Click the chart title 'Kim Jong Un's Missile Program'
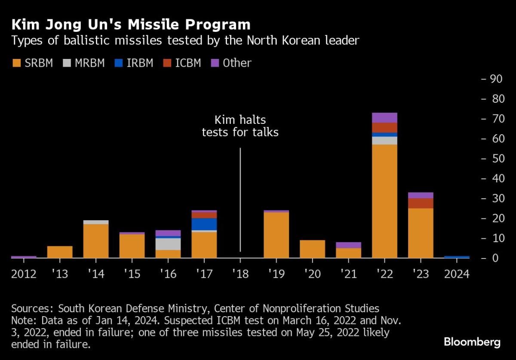131,24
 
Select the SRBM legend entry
32,63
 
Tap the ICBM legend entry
182,63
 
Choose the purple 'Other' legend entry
231,63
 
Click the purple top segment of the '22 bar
384,117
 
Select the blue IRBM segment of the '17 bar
204,224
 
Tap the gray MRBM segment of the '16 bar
168,244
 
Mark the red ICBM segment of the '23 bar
421,203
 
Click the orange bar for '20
312,249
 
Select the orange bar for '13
60,252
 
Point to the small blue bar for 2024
457,257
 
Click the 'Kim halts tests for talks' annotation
240,126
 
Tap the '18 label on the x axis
240,274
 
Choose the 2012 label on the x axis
24,274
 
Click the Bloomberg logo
472,342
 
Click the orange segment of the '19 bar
276,235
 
